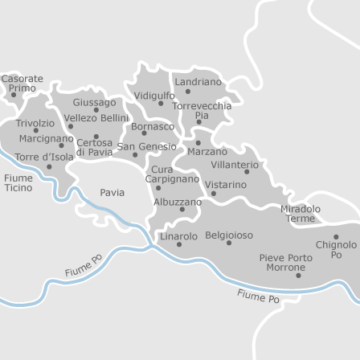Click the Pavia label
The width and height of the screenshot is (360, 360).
tap(112, 193)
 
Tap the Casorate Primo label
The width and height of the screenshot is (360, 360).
tap(22, 83)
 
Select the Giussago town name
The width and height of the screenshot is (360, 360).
tap(94, 103)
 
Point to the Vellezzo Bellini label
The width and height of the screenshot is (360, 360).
tap(96, 118)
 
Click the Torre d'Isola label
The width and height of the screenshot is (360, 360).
tap(43, 156)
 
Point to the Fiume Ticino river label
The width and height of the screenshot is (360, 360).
tap(18, 182)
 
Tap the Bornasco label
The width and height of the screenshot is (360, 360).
tap(152, 126)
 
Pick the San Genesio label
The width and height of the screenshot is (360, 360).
tap(146, 146)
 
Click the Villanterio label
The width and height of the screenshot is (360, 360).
tap(235, 164)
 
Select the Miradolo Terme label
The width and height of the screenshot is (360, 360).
tap(301, 214)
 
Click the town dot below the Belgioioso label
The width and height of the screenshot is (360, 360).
tap(229, 243)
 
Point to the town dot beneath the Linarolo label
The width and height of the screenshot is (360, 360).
tap(178, 244)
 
